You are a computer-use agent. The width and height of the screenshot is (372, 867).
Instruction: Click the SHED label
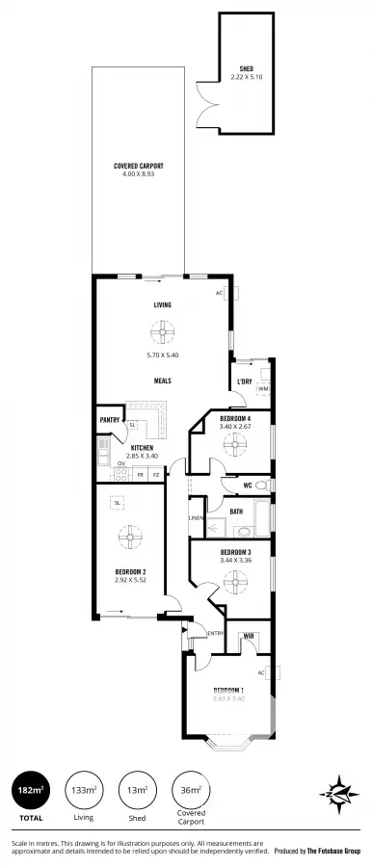247,68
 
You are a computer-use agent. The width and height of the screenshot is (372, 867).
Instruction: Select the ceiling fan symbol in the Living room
162,333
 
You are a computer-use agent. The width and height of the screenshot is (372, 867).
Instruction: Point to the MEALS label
163,381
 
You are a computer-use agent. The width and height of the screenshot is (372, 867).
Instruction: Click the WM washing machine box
262,388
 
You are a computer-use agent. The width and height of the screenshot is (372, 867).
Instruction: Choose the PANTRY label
108,420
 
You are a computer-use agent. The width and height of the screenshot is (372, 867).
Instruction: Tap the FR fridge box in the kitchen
140,474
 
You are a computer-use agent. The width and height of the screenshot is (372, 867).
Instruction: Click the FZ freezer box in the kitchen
155,474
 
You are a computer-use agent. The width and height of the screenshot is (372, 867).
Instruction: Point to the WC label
248,485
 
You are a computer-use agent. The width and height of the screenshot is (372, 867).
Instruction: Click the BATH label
236,512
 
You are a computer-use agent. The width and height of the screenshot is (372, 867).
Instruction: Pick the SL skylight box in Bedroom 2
117,502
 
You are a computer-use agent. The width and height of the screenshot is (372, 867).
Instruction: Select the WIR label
249,636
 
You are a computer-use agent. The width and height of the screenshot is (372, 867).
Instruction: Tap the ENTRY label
216,633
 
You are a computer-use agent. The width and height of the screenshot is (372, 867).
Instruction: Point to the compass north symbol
338,792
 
